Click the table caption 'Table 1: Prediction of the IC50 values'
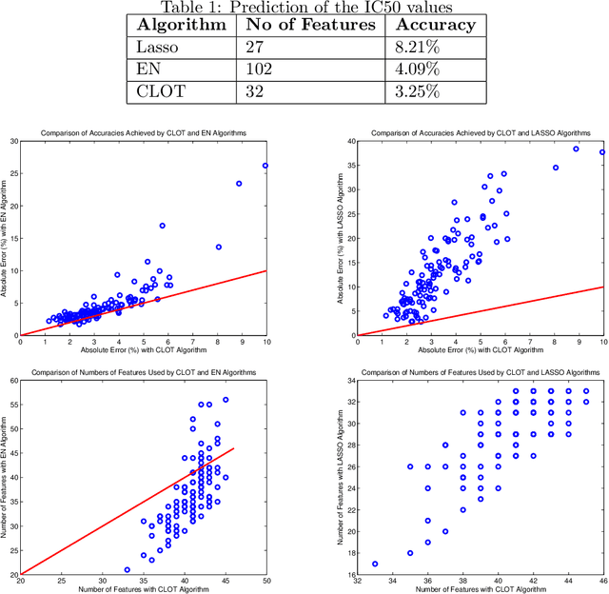coord(304,9)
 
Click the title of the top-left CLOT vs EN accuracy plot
coord(144,132)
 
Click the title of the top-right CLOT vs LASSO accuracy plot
coord(481,132)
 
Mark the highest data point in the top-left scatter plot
coord(265,166)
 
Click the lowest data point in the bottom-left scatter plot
coord(127,569)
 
